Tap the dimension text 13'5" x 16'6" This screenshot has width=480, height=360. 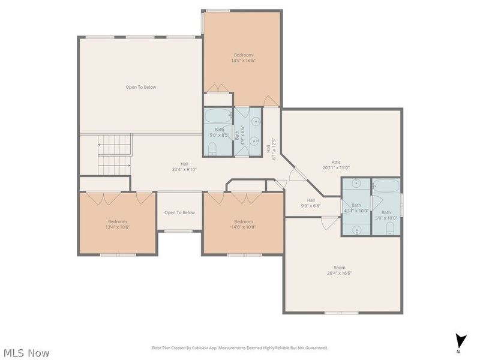point(243,60)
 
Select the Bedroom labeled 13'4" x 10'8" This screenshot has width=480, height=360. point(118,223)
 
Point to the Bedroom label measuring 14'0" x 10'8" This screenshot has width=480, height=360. point(244,223)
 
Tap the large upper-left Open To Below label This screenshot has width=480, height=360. point(140,87)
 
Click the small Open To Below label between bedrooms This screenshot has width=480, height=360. point(179,212)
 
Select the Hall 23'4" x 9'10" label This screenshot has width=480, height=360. point(184,166)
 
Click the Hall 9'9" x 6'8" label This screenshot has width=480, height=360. point(310,203)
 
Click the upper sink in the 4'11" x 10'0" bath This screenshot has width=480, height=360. point(356,184)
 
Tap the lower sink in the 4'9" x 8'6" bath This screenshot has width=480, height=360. point(255,142)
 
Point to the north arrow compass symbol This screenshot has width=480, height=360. point(460,340)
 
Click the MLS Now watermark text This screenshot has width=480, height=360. point(26,353)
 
